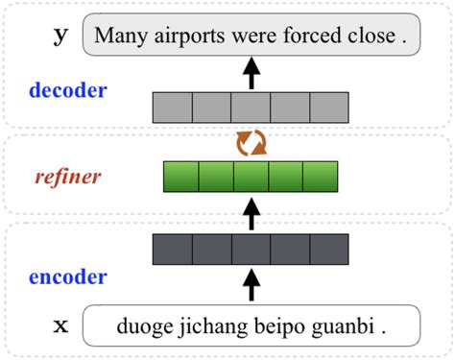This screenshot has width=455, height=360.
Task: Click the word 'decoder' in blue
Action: pos(67,92)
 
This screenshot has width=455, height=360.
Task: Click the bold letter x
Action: pos(60,326)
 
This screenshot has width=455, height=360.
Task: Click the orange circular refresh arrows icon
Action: pos(251,144)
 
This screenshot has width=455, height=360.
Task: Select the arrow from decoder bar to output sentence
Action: pos(251,73)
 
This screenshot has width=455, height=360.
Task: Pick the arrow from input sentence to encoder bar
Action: pos(251,285)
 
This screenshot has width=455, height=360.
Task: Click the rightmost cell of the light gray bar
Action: pos(328,107)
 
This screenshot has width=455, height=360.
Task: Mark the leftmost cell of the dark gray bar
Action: pos(173,249)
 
